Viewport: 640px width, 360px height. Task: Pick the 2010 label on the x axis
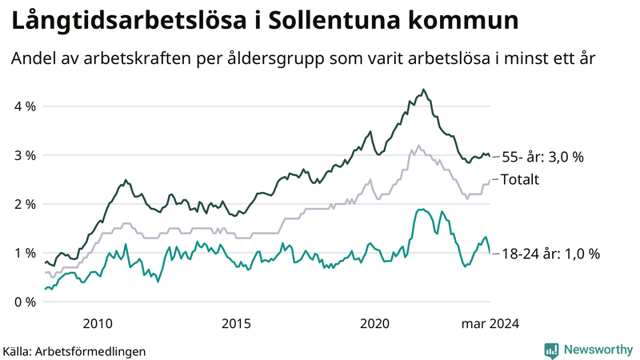coord(98,323)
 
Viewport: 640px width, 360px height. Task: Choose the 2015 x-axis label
coord(237,323)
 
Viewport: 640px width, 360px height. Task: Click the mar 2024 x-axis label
coord(490,323)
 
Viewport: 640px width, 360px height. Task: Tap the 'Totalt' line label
coord(520,179)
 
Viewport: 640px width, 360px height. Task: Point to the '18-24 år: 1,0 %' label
coord(550,254)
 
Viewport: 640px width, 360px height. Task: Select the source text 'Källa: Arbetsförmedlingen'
coord(74,350)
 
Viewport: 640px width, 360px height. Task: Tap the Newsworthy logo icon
coord(551,349)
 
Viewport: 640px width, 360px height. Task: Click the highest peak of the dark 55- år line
coord(423,90)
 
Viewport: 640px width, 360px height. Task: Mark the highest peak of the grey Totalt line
coord(418,146)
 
